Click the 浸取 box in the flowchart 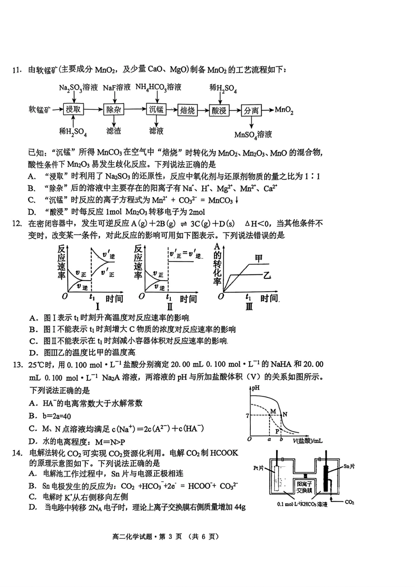[x=73, y=109]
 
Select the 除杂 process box [x=114, y=109]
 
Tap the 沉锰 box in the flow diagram [x=156, y=109]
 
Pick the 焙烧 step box [x=187, y=110]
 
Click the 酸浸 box [x=219, y=111]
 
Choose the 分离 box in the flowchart [x=251, y=111]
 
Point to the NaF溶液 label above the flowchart [x=117, y=88]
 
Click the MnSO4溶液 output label [x=253, y=134]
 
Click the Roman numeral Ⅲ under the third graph [x=249, y=307]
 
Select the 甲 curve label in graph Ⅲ [x=259, y=259]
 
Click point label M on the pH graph [x=273, y=411]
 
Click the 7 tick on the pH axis [x=247, y=416]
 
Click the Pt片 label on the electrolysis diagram [x=259, y=468]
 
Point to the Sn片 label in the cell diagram [x=348, y=466]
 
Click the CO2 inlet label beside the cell [x=349, y=502]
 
